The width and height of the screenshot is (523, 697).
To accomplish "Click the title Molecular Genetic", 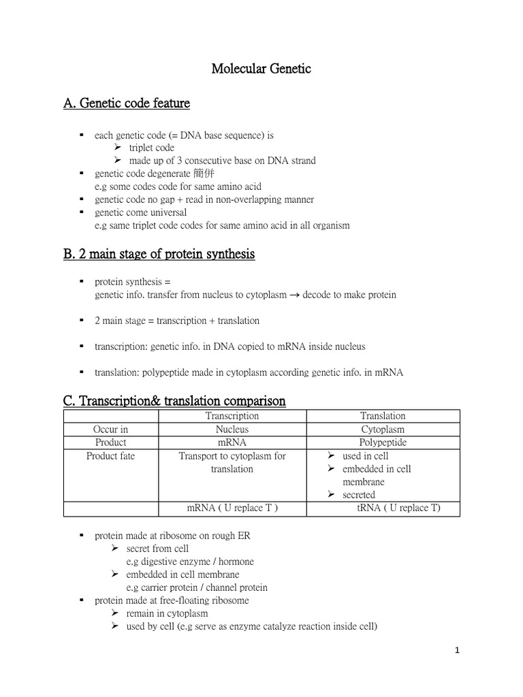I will [x=261, y=69].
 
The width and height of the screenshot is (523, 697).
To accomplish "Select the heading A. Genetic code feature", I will [x=127, y=103].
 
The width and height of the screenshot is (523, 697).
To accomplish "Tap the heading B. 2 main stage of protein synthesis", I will [x=159, y=254].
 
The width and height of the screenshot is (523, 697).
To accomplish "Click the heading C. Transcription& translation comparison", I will [x=174, y=401].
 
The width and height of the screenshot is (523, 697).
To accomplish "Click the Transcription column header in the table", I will [x=232, y=416].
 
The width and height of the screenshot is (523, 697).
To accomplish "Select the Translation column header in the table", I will [x=383, y=416].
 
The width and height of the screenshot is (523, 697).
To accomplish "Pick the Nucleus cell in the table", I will [x=232, y=429].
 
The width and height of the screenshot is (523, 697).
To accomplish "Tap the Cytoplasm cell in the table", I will [x=383, y=429].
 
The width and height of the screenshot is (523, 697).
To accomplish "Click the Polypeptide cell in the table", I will [x=383, y=442].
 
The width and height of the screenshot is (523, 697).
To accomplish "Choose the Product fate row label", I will [x=110, y=456].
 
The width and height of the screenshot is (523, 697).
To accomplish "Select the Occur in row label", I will [x=110, y=429].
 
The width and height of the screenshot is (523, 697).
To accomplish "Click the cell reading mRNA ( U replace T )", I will [x=232, y=508].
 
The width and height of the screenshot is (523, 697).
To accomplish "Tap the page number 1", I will [x=458, y=651].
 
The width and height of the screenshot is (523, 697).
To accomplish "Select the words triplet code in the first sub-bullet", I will [x=151, y=148].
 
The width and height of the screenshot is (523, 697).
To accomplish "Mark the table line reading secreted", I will [x=359, y=495].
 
